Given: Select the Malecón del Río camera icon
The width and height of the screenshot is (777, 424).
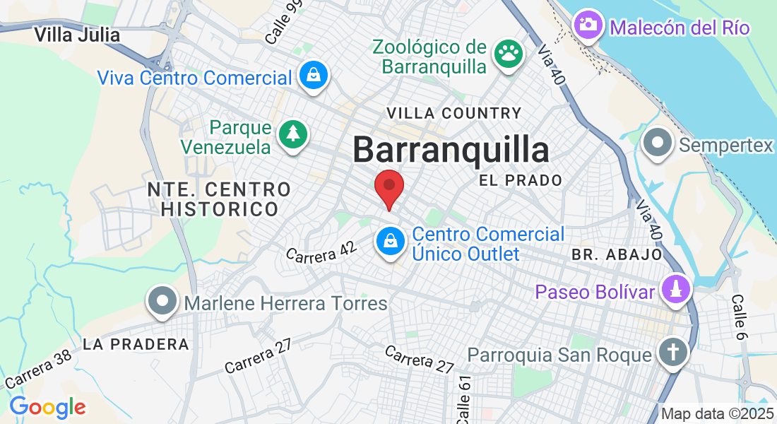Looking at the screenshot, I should pyautogui.click(x=588, y=25).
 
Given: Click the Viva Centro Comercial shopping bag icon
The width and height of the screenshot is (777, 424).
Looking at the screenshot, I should pyautogui.click(x=312, y=74).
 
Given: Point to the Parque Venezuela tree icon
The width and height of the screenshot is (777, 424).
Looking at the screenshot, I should pyautogui.click(x=292, y=134).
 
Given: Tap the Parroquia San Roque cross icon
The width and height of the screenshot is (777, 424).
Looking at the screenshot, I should pyautogui.click(x=672, y=351).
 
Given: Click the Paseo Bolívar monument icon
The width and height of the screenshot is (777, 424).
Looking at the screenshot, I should pyautogui.click(x=675, y=289).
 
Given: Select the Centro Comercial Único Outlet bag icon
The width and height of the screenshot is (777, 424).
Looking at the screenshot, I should pyautogui.click(x=389, y=242).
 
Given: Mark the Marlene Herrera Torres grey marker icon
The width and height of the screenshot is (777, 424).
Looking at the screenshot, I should pyautogui.click(x=162, y=302).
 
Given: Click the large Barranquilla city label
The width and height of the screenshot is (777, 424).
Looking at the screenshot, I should pyautogui.click(x=451, y=150).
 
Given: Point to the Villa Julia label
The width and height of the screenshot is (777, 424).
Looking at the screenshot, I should pyautogui.click(x=77, y=34).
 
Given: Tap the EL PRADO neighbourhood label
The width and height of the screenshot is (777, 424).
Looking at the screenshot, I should pyautogui.click(x=521, y=180).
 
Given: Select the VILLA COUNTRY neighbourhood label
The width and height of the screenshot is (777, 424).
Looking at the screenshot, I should pyautogui.click(x=454, y=113).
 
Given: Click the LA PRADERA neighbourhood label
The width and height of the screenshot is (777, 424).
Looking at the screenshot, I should pyautogui.click(x=136, y=344).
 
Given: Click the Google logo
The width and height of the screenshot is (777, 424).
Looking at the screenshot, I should pyautogui.click(x=47, y=407).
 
